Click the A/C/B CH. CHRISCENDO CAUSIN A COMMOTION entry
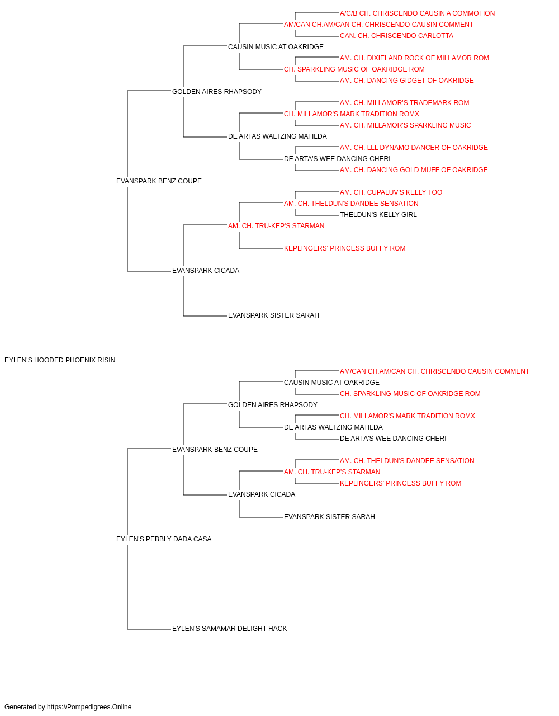click(417, 13)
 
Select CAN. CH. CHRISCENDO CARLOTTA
click(396, 36)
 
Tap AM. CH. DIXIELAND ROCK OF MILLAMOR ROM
click(414, 58)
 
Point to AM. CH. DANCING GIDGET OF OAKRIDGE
click(406, 81)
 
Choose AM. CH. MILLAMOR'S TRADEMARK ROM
click(404, 103)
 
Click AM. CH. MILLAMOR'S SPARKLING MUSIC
click(405, 125)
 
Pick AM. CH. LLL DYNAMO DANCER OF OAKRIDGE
click(414, 148)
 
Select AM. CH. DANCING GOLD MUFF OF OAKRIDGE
click(414, 170)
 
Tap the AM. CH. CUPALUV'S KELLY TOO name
click(391, 192)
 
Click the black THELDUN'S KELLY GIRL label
click(378, 215)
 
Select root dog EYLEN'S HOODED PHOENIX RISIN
click(60, 360)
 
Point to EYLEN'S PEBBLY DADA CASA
click(164, 539)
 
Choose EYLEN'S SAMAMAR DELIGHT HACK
click(229, 629)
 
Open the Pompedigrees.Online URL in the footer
click(89, 707)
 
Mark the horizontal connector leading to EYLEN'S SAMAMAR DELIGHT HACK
click(149, 629)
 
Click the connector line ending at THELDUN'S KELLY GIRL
click(317, 215)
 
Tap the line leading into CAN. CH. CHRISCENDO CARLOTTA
click(317, 36)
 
